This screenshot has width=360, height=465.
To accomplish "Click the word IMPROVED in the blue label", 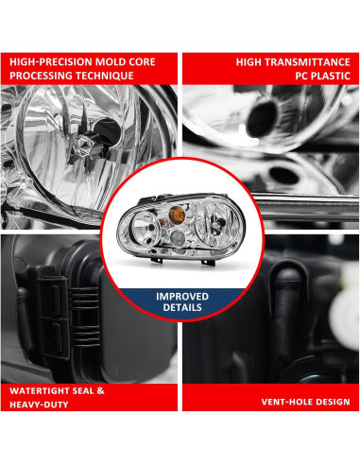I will tap(180, 296).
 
